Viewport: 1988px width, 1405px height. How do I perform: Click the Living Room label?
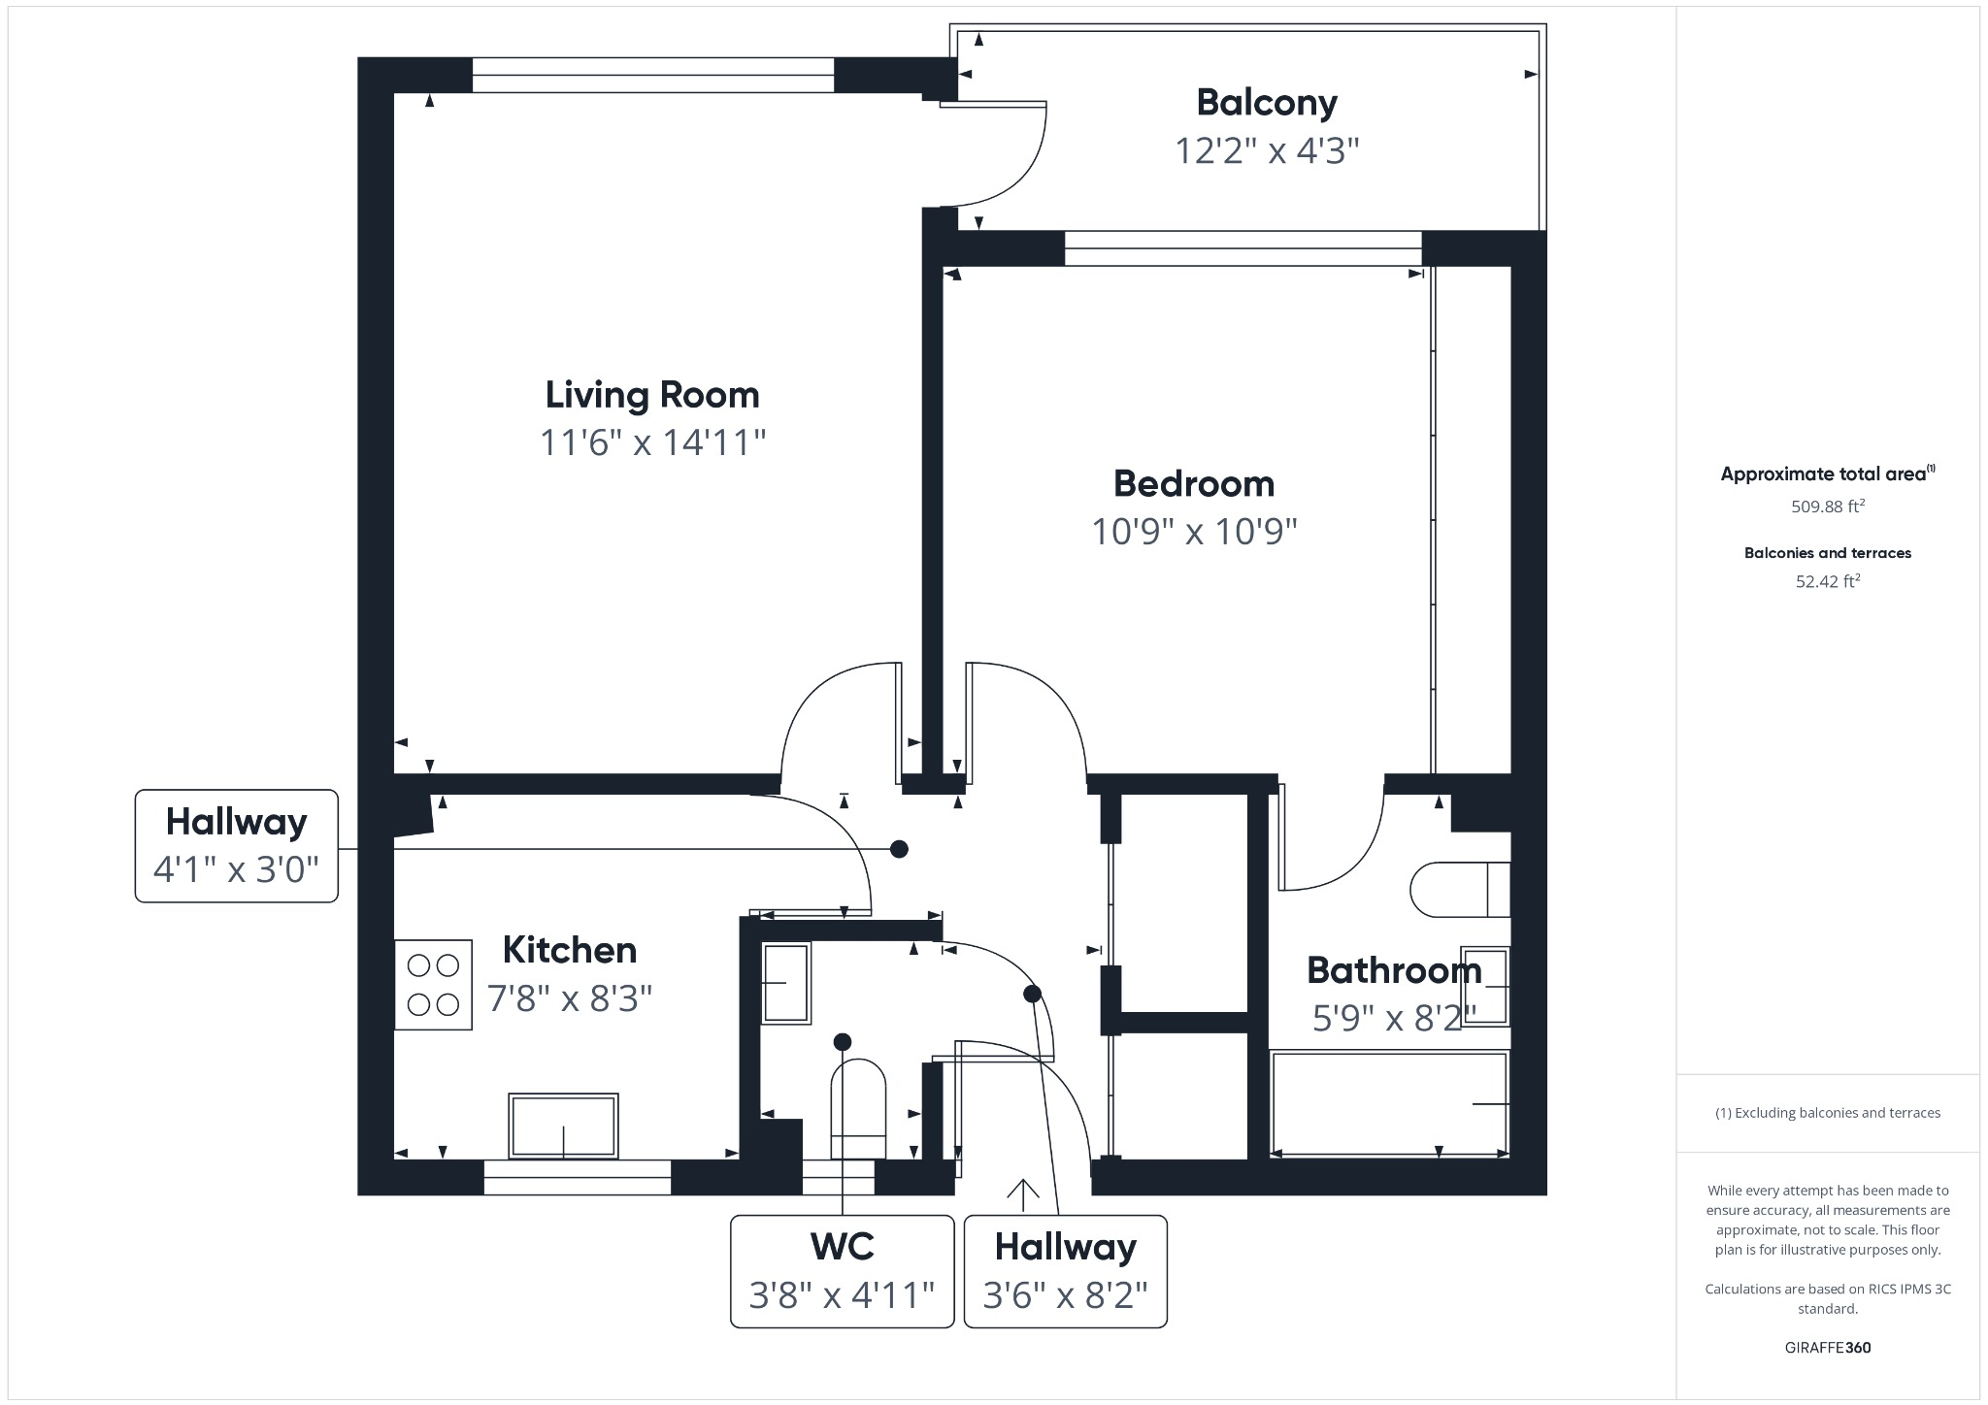[651, 395]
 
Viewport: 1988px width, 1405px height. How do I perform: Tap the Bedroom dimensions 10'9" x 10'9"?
[1194, 532]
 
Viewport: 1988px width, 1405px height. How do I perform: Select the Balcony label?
[1266, 102]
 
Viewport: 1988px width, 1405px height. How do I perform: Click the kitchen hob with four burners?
[433, 984]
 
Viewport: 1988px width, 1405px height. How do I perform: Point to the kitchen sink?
[563, 1126]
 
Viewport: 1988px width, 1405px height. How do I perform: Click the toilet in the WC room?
[858, 1108]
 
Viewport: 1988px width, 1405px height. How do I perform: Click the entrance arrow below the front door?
[1023, 1194]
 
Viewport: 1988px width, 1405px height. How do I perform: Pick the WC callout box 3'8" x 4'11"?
[842, 1270]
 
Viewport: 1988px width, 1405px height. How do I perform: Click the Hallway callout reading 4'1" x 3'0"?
[236, 846]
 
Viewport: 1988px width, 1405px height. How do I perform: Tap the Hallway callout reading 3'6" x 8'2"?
[1065, 1270]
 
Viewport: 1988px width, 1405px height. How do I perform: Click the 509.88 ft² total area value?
[1827, 506]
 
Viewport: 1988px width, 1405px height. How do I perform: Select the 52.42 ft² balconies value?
[1827, 581]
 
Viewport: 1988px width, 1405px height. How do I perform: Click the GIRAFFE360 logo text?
[1827, 1347]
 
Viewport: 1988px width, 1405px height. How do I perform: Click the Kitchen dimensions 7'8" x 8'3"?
[570, 997]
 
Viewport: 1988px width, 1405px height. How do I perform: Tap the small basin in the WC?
[786, 983]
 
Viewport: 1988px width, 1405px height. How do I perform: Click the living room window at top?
[652, 76]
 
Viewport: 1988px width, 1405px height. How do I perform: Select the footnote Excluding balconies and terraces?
[1827, 1113]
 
